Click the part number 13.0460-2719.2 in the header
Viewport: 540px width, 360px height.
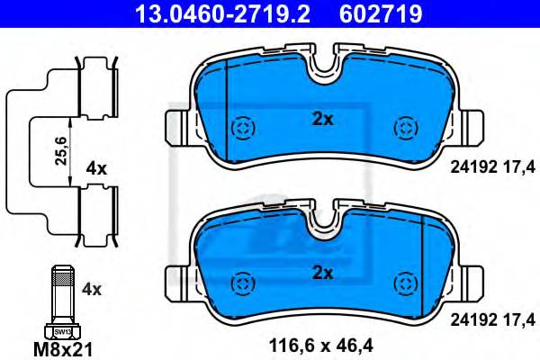pos(223,13)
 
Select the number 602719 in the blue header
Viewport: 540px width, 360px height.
pos(381,13)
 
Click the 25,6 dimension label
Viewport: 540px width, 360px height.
pos(61,151)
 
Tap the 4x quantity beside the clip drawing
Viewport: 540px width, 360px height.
pos(96,169)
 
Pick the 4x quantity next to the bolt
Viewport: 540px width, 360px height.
pos(92,290)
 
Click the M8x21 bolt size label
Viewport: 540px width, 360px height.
pos(63,350)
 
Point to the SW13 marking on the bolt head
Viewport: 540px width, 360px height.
pos(63,332)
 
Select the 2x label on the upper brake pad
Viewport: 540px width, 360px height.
pos(323,120)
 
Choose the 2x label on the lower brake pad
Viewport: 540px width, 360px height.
pos(323,274)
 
